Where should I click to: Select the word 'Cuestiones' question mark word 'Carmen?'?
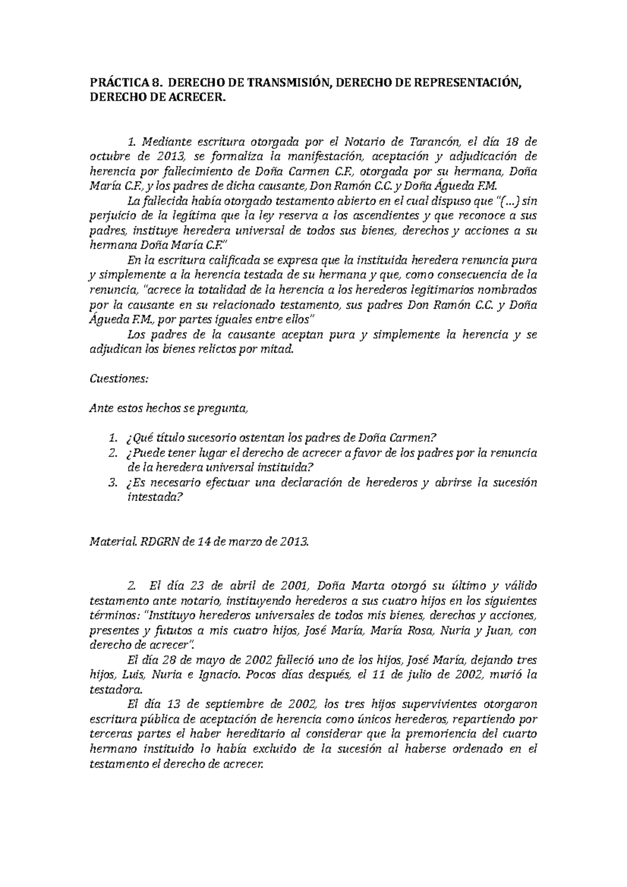click(416, 438)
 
